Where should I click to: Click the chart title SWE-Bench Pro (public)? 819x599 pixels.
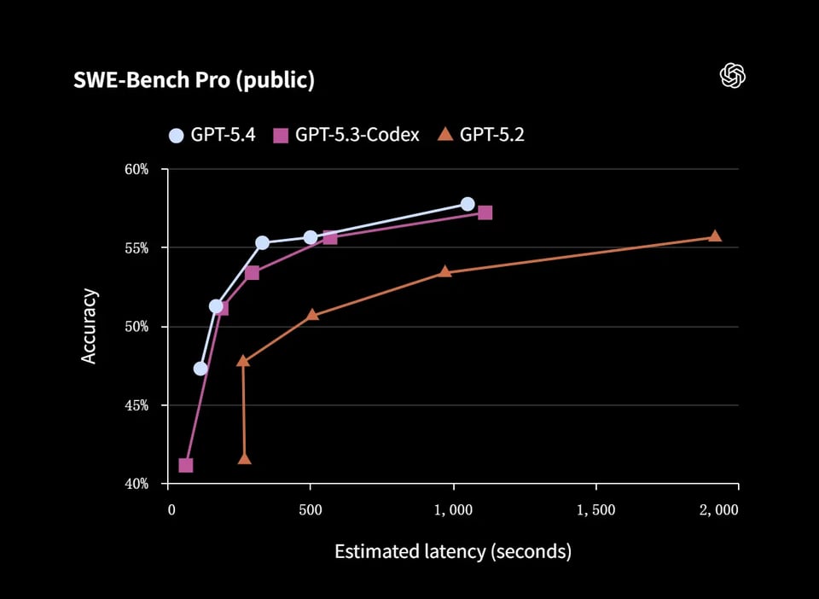coord(195,80)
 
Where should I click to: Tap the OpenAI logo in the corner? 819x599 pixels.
coord(733,76)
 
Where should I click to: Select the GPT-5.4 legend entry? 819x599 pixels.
coord(212,135)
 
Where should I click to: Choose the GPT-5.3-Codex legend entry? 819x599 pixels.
coord(346,135)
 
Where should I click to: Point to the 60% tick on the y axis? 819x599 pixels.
coord(136,170)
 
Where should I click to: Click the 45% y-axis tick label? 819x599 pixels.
coord(136,405)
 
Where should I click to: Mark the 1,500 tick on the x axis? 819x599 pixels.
coord(595,509)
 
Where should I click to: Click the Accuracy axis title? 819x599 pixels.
coord(89,327)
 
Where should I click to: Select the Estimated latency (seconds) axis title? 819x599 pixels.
coord(452,551)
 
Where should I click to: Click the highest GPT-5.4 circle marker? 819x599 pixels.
coord(468,204)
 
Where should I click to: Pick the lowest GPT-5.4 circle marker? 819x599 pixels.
coord(200,369)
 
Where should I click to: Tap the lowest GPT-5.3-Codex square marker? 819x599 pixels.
coord(185,465)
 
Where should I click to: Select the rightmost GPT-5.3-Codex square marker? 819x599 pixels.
coord(485,212)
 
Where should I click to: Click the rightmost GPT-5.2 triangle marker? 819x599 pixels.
coord(715,236)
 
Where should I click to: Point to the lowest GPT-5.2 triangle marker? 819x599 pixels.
coord(245,459)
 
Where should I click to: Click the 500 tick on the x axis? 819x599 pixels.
coord(311,509)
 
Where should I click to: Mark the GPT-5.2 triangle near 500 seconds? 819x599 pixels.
coord(312,315)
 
